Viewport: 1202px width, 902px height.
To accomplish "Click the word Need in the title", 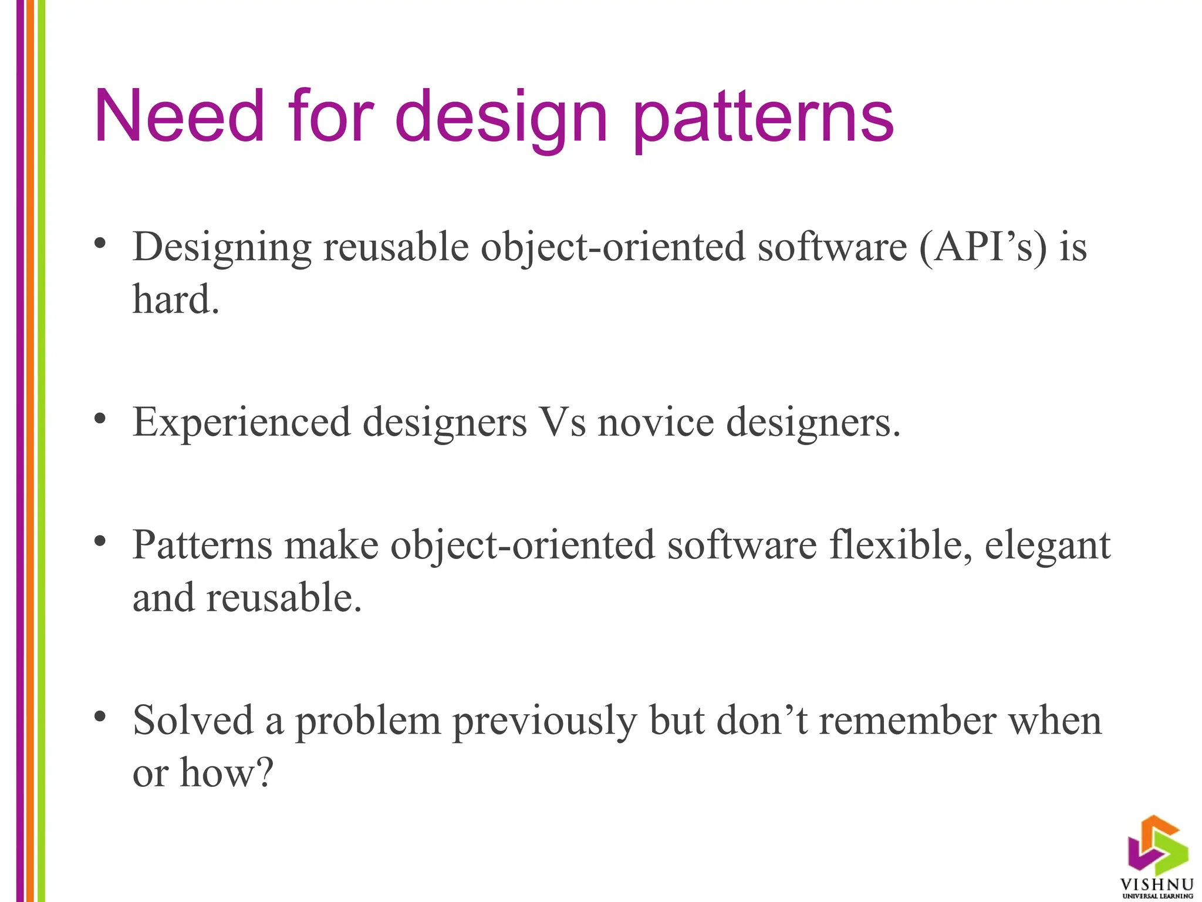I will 179,116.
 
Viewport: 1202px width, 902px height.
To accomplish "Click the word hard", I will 175,299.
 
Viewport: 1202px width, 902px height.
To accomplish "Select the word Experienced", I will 241,423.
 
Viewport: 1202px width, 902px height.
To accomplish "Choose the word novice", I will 656,423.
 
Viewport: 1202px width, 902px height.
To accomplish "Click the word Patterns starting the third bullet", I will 202,546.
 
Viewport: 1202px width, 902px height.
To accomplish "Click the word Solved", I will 193,721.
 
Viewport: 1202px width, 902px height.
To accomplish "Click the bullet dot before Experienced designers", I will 100,418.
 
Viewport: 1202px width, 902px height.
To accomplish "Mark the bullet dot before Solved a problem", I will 100,716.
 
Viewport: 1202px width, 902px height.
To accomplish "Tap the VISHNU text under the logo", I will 1157,884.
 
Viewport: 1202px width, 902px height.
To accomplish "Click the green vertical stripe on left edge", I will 41,451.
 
